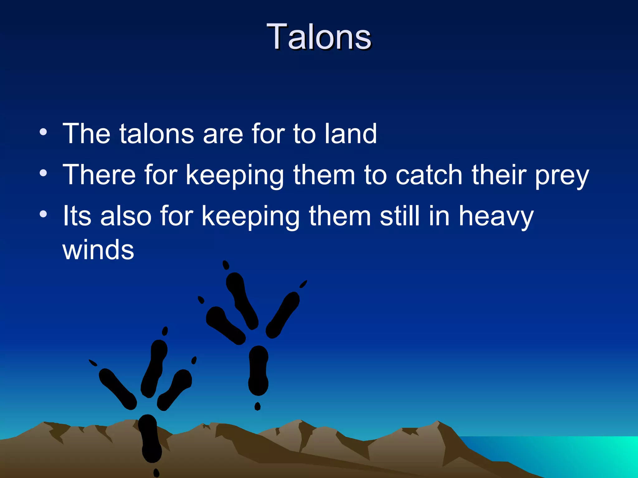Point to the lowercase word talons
tap(157, 134)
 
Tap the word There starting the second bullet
tap(99, 175)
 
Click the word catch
tap(429, 175)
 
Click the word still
tap(400, 216)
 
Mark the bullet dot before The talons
tap(43, 132)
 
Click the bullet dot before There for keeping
tap(43, 173)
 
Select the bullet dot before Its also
tap(43, 214)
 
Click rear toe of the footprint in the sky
tap(258, 370)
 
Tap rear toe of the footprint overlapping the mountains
tap(150, 439)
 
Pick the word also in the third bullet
tap(126, 216)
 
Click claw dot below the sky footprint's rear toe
tap(257, 406)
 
